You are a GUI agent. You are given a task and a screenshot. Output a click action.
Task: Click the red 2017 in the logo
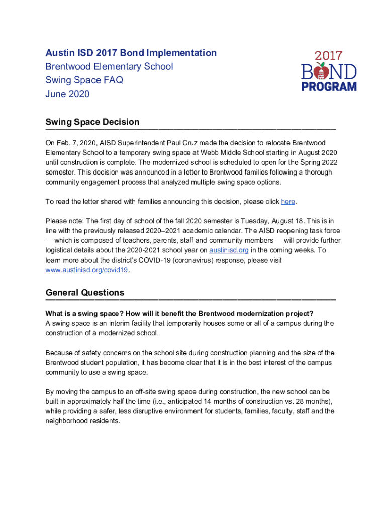tap(329, 56)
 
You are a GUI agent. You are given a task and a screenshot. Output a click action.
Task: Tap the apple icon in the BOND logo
tap(321, 72)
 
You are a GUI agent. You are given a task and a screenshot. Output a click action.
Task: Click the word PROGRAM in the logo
tap(329, 87)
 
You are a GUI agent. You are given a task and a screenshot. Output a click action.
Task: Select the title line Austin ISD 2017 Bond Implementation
tap(131, 53)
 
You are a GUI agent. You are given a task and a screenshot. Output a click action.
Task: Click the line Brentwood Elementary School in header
tap(109, 66)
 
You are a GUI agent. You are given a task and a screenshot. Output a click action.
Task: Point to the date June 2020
tap(67, 94)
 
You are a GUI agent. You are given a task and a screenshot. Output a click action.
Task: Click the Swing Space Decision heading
tap(92, 122)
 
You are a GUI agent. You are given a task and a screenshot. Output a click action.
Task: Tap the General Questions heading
tap(85, 292)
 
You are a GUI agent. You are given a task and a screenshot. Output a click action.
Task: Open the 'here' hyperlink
tap(288, 202)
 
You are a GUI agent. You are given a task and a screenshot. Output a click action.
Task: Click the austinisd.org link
tap(229, 250)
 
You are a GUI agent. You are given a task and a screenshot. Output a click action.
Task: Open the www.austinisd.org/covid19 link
tap(87, 270)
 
